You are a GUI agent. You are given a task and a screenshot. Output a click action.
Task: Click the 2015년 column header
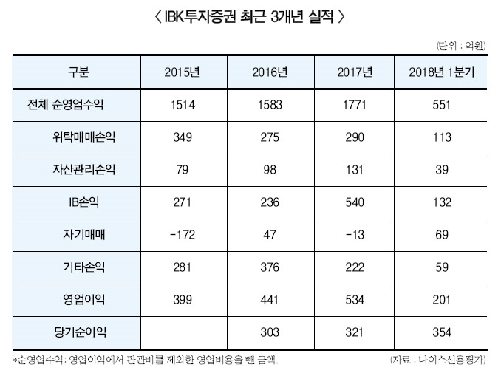point(183,72)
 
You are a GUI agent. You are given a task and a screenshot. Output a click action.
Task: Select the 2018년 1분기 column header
point(441,72)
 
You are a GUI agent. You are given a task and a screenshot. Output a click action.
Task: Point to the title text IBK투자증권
point(197,16)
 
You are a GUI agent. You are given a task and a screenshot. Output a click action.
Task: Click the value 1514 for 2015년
point(183,105)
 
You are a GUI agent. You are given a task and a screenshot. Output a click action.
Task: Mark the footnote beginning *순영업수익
point(148,360)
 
